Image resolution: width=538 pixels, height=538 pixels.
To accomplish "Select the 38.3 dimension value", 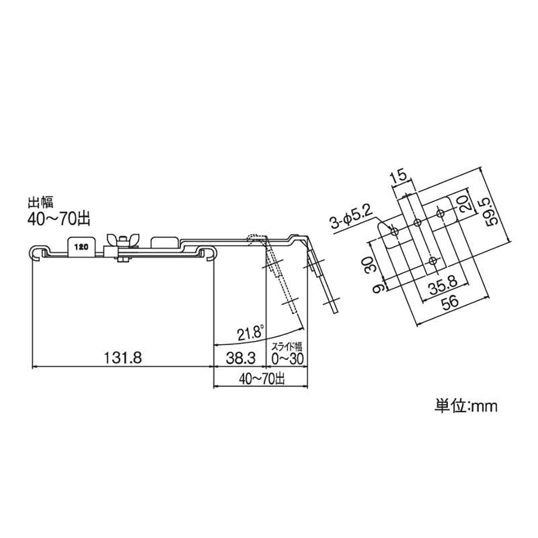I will tap(241, 358).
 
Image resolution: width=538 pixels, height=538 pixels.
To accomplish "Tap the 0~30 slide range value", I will tap(286, 359).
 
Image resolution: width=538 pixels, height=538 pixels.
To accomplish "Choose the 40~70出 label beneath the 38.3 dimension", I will tap(261, 379).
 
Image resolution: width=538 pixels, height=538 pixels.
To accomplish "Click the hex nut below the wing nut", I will tap(123, 259).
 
